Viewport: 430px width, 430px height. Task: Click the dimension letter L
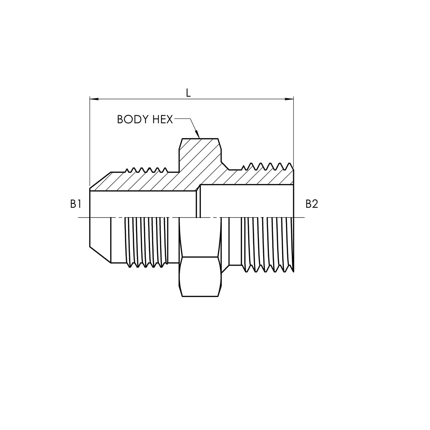point(188,93)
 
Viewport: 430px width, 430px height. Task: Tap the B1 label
point(76,204)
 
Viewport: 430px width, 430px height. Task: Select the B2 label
point(312,204)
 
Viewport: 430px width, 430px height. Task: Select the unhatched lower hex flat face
point(200,276)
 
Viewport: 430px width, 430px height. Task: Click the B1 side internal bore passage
point(143,204)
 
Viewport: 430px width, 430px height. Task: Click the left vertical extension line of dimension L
point(90,143)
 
